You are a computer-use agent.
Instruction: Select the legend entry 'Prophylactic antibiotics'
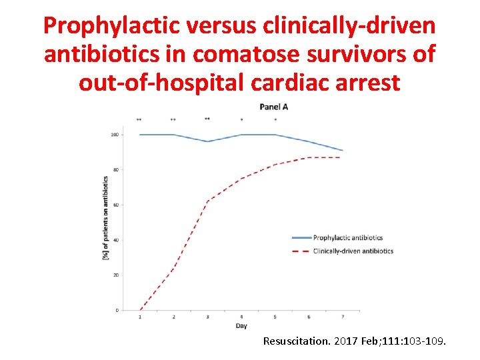click(347, 237)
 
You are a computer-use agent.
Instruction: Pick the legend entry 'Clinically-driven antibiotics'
click(353, 251)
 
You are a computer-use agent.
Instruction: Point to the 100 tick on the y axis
click(115, 135)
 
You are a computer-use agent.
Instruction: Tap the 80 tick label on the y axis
click(115, 170)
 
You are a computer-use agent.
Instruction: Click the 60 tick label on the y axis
click(115, 205)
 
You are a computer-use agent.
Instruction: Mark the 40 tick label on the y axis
click(115, 240)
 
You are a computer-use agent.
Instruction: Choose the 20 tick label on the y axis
click(115, 275)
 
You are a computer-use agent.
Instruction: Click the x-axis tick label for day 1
click(140, 317)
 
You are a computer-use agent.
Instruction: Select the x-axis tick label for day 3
click(207, 317)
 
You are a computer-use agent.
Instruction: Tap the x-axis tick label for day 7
click(342, 317)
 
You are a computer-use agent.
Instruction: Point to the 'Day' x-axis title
click(241, 326)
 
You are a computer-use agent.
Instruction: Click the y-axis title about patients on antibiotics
click(105, 218)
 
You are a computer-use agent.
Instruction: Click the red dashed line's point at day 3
click(207, 201)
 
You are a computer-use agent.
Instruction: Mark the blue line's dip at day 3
click(207, 141)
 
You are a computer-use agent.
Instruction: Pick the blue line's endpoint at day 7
click(342, 150)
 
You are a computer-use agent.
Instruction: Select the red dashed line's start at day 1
click(140, 310)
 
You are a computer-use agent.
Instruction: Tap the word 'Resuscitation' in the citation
click(296, 341)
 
